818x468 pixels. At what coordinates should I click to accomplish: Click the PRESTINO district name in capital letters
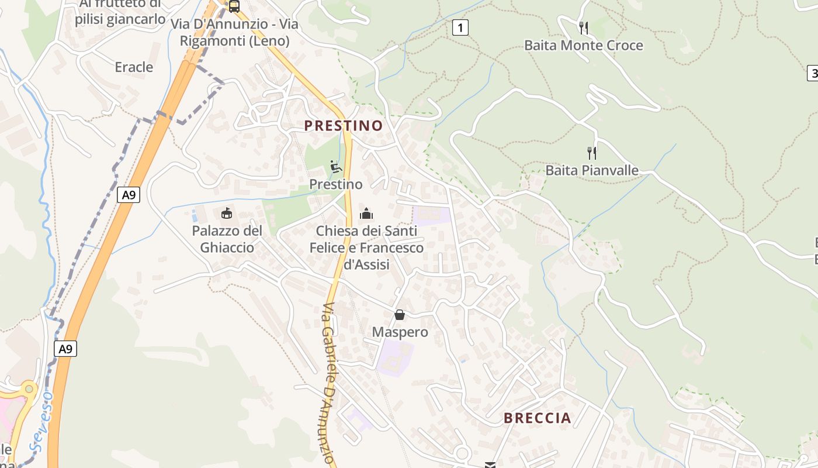pyautogui.click(x=344, y=125)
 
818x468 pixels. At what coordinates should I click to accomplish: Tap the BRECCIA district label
pyautogui.click(x=538, y=418)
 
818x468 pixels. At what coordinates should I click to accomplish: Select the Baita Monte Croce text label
pyautogui.click(x=583, y=45)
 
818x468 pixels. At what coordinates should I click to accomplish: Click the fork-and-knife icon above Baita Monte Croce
pyautogui.click(x=583, y=27)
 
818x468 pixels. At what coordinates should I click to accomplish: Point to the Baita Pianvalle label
pyautogui.click(x=592, y=170)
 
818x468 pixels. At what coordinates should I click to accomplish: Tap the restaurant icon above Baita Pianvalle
pyautogui.click(x=592, y=153)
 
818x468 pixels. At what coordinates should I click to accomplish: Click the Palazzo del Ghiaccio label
pyautogui.click(x=227, y=239)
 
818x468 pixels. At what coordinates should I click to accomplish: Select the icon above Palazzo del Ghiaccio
pyautogui.click(x=227, y=213)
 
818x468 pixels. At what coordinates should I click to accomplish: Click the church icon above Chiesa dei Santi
pyautogui.click(x=366, y=214)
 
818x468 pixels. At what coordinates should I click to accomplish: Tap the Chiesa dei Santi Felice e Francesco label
pyautogui.click(x=366, y=247)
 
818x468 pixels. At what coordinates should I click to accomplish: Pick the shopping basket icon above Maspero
pyautogui.click(x=400, y=315)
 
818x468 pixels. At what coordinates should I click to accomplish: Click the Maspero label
pyautogui.click(x=400, y=332)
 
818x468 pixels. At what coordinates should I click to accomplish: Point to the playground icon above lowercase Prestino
pyautogui.click(x=336, y=167)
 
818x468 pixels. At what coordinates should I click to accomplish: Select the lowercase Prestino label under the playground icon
pyautogui.click(x=336, y=184)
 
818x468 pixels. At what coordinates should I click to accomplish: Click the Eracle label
pyautogui.click(x=134, y=67)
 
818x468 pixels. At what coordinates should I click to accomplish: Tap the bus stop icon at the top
pyautogui.click(x=234, y=6)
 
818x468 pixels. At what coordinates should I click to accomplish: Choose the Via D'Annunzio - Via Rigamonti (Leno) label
pyautogui.click(x=234, y=32)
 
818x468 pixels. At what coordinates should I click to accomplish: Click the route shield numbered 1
pyautogui.click(x=460, y=27)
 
